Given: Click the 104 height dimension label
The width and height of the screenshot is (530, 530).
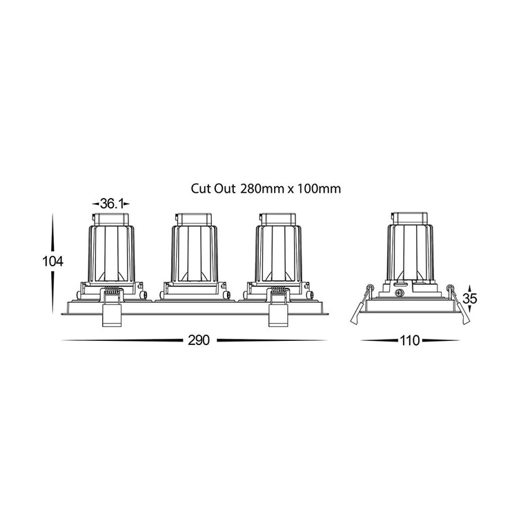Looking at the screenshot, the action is point(52,262).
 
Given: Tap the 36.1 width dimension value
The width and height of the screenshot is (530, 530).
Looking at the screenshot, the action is point(111,204).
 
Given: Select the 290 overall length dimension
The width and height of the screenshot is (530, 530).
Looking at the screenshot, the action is point(199,340).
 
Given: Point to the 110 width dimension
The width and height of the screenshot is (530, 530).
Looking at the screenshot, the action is point(410,340).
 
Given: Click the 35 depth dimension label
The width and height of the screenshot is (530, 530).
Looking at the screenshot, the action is point(470,299).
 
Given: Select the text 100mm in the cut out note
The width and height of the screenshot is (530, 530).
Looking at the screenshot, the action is point(319,188).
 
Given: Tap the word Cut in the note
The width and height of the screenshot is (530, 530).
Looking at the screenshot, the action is point(199,188).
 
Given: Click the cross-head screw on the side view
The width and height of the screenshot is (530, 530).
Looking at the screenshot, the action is point(400,293).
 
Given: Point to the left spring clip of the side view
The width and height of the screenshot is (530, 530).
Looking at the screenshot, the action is point(361,305).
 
